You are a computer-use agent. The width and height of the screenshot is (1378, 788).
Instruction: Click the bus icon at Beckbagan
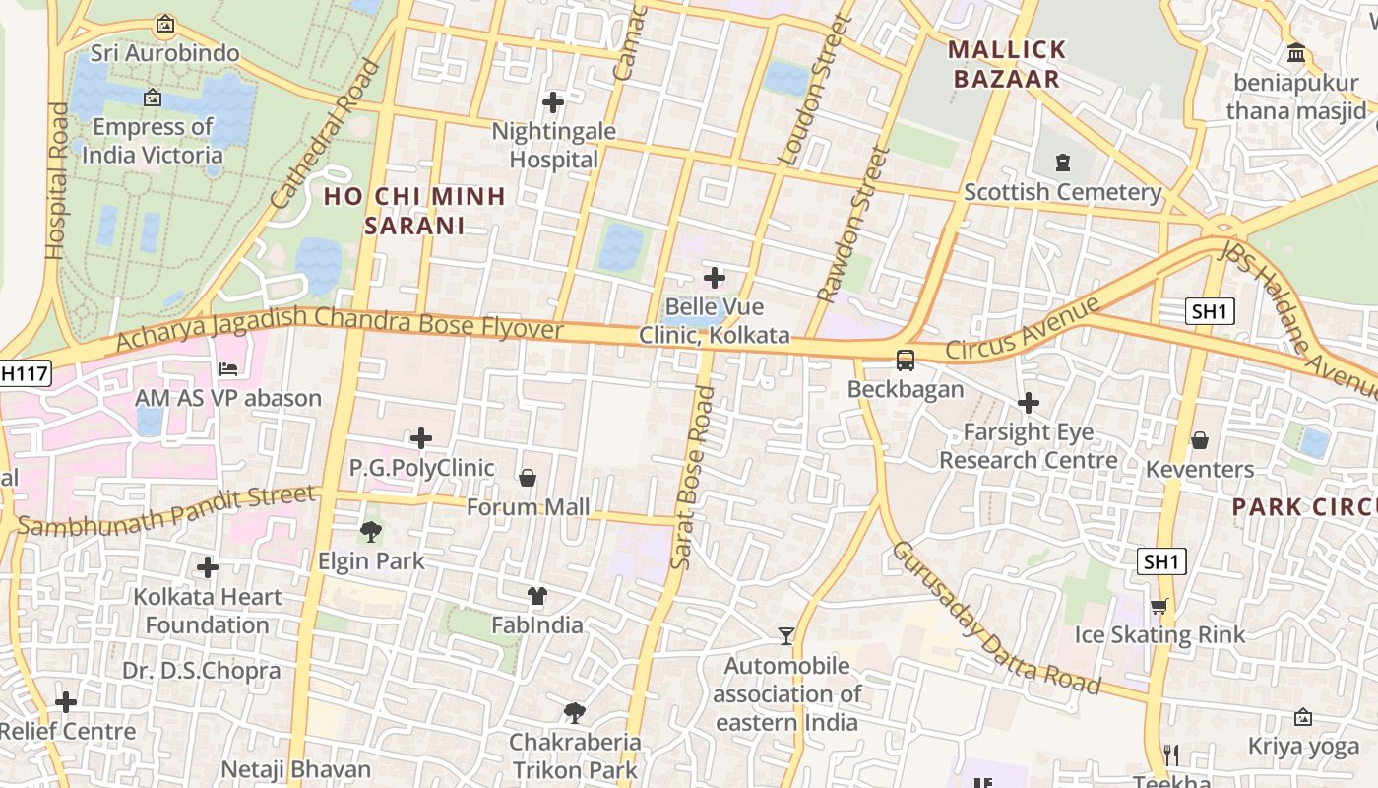point(905,361)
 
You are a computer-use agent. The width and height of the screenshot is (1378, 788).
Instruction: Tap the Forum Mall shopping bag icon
point(528,478)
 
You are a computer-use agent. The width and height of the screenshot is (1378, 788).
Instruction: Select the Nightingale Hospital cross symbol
point(553,101)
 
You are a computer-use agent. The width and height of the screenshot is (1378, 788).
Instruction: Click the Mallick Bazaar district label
point(1007,64)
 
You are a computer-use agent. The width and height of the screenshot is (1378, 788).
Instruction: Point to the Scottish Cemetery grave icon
point(1062,163)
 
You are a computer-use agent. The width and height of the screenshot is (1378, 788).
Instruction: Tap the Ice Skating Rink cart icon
point(1159,606)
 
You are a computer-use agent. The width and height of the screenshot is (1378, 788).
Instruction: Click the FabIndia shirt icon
point(536,595)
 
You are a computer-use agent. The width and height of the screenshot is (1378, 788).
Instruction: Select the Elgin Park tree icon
point(371,532)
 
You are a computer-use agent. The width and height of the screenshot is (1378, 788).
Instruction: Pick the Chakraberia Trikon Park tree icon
point(574,712)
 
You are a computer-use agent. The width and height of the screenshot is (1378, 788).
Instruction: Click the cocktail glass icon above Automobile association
point(785,635)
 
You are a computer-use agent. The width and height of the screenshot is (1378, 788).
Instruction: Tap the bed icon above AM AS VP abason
point(228,369)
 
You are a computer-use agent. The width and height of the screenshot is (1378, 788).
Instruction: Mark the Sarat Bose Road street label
point(692,478)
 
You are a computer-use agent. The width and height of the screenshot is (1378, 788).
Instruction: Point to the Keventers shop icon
point(1199,440)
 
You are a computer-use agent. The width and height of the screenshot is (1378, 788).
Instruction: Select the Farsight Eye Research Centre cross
point(1029,403)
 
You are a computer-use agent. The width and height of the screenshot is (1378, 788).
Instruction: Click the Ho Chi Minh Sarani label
point(414,211)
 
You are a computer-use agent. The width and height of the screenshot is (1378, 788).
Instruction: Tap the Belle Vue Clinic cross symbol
point(715,278)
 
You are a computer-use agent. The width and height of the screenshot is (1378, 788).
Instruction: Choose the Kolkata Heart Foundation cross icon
point(208,567)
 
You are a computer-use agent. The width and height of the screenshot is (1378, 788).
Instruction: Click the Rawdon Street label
point(852,225)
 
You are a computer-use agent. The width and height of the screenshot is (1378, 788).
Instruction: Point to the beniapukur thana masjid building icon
point(1296,52)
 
